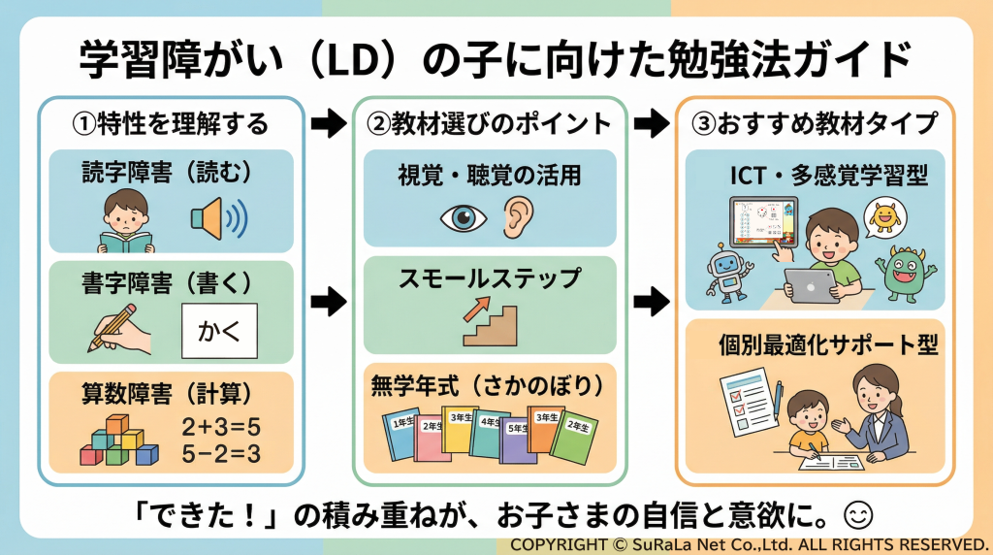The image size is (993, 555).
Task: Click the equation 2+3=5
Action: [x=221, y=427]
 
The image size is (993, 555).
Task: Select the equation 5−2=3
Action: [x=221, y=453]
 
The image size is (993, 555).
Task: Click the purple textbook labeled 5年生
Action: [x=518, y=436]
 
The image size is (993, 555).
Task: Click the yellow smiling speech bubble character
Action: [x=883, y=218]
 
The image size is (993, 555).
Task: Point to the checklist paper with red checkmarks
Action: [x=749, y=402]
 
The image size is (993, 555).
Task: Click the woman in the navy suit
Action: [x=879, y=412]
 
